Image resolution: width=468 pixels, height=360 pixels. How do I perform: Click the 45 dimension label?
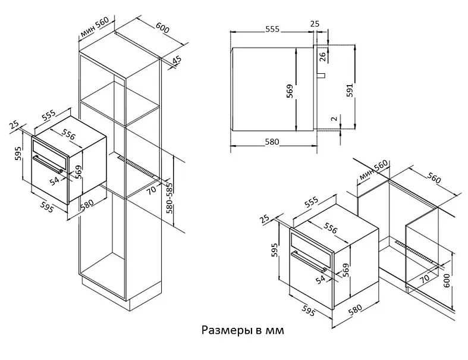coord(177,61)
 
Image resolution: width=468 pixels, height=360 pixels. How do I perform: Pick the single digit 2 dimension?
coord(334,119)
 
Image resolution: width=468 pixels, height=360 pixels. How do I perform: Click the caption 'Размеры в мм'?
coord(243,330)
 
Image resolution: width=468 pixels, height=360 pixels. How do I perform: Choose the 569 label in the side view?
coord(290,90)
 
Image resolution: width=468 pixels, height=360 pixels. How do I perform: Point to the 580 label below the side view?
coord(272,142)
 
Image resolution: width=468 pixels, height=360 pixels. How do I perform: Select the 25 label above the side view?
coord(315,24)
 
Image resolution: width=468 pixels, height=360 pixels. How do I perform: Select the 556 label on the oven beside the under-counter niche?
coord(331,228)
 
